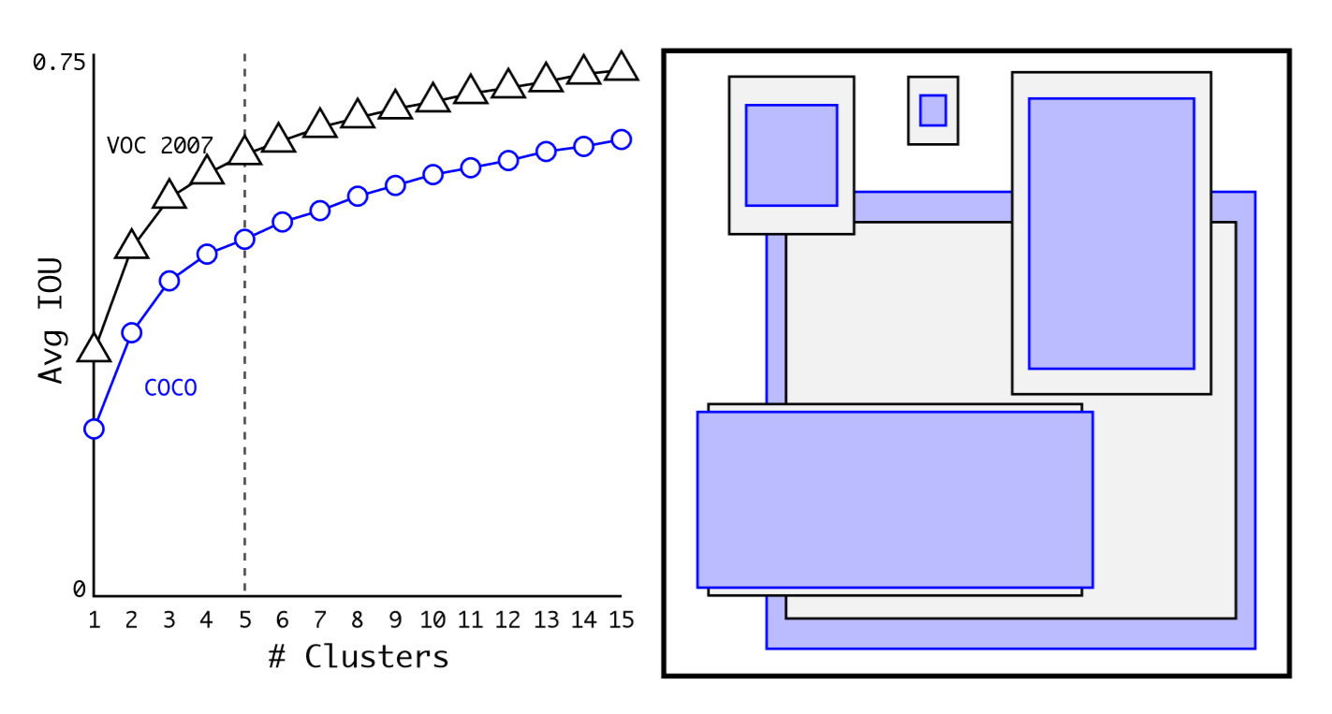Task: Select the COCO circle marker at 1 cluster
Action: click(x=94, y=430)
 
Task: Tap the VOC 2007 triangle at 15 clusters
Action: click(x=621, y=67)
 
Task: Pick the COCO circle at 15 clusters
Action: click(x=621, y=139)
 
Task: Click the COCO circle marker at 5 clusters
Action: click(x=244, y=240)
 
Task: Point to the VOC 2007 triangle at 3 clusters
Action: click(x=168, y=195)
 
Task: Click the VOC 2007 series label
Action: click(x=159, y=146)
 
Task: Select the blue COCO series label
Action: click(x=170, y=387)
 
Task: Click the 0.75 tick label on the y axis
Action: click(x=58, y=63)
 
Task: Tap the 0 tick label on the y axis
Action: click(x=80, y=590)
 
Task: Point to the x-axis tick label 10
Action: click(x=432, y=619)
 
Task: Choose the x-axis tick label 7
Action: click(x=319, y=619)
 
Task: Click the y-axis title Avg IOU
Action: click(x=51, y=320)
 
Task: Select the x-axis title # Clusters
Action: click(x=358, y=657)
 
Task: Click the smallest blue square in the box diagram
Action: click(x=932, y=110)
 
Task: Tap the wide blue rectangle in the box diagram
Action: click(x=894, y=500)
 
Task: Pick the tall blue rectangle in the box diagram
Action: click(x=1111, y=233)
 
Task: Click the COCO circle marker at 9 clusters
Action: click(x=395, y=185)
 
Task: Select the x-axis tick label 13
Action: click(x=546, y=619)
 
